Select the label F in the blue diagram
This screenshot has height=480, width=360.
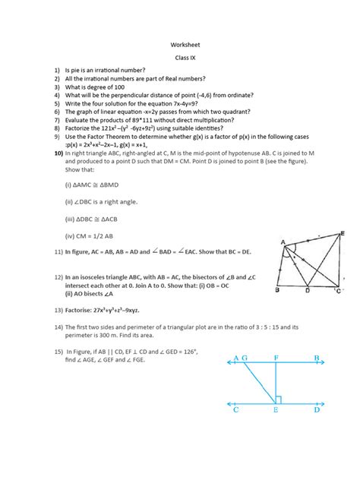point(276,357)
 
